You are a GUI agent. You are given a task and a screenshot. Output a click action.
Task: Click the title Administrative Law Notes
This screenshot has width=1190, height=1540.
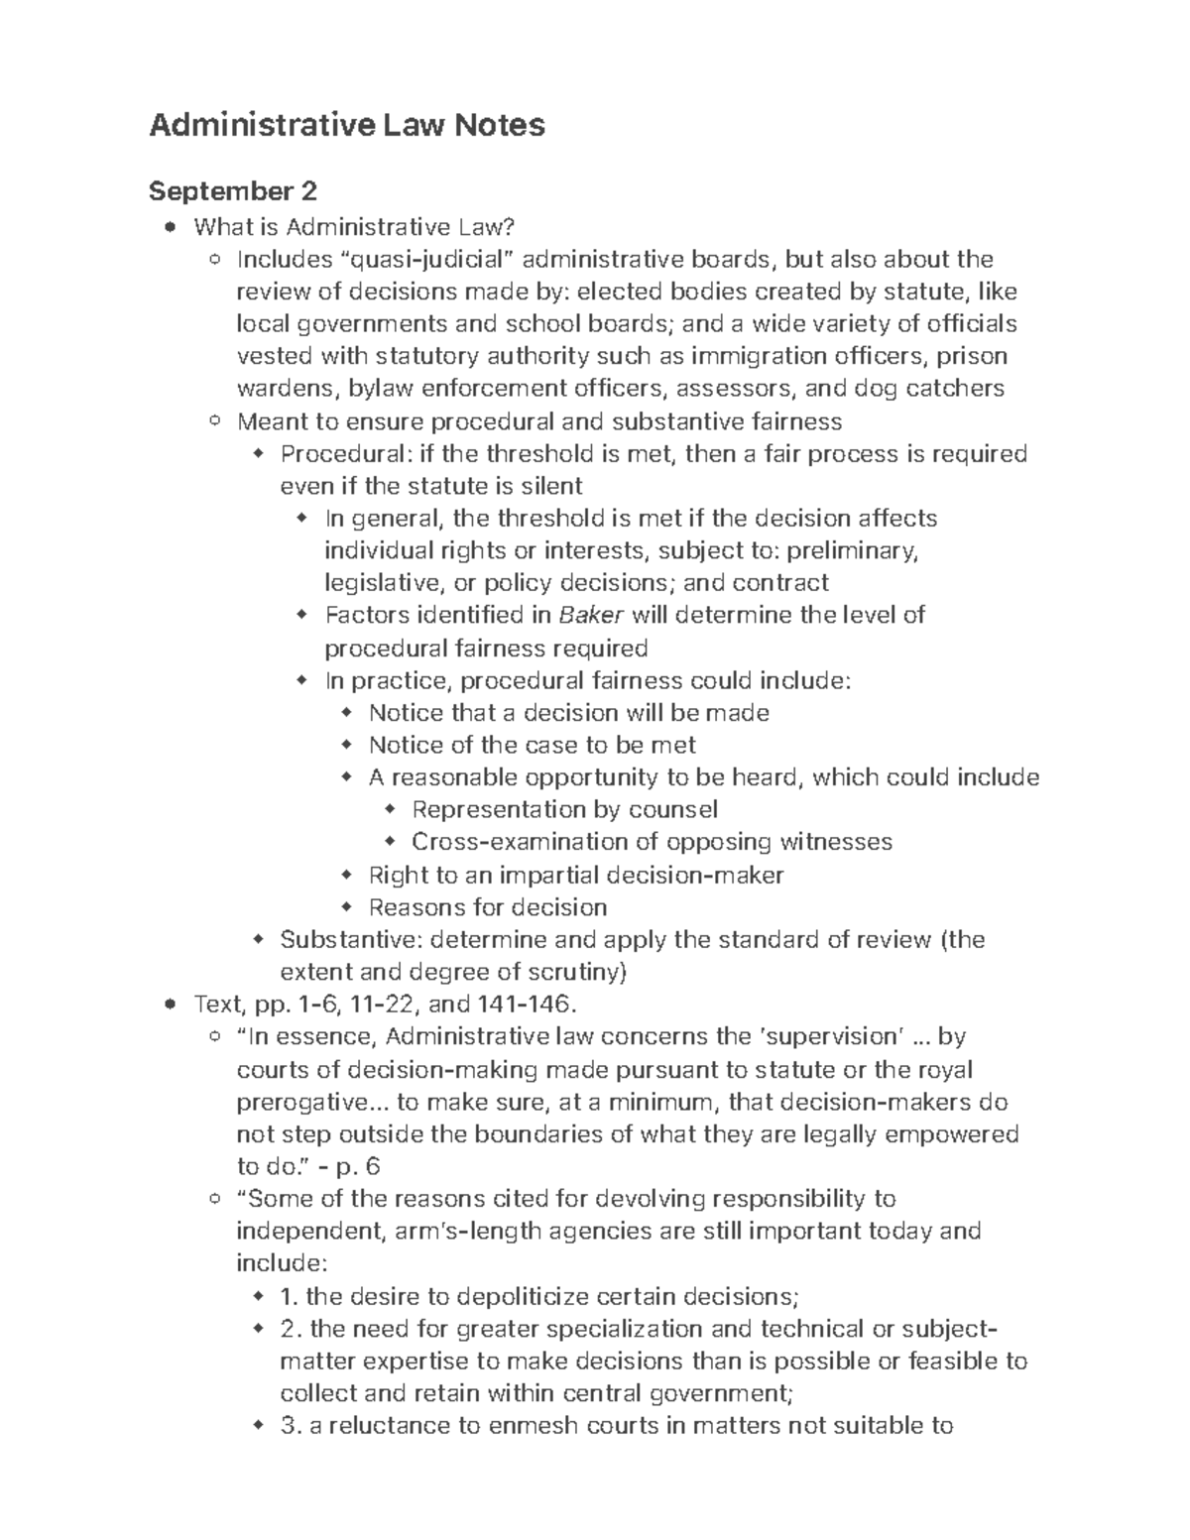[x=346, y=125]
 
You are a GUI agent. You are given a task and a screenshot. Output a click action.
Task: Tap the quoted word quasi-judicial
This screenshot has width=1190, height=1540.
[x=427, y=260]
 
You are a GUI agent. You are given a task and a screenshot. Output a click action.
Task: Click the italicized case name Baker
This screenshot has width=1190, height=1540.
[x=591, y=615]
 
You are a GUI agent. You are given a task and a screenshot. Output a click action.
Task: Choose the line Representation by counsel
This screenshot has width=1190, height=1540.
[x=564, y=809]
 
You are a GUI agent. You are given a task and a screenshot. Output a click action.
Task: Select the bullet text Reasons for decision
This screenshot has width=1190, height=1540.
[x=487, y=907]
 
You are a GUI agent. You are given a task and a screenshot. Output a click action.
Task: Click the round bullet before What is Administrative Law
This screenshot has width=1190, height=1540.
[x=173, y=228]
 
